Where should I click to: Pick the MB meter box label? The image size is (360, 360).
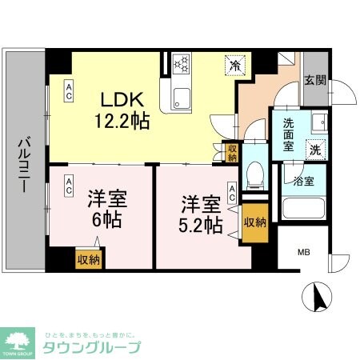[303, 254]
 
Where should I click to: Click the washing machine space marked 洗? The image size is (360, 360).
[315, 149]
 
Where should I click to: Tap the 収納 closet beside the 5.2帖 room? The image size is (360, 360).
[255, 222]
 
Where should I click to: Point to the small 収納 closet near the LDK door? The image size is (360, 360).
[232, 153]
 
